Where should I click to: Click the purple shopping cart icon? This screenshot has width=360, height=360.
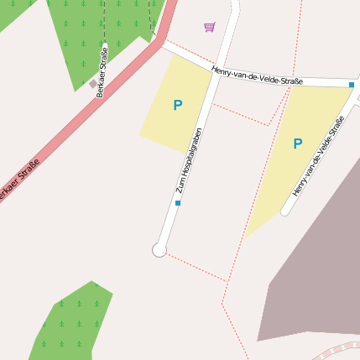click(x=209, y=27)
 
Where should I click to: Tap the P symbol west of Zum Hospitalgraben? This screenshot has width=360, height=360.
click(x=177, y=106)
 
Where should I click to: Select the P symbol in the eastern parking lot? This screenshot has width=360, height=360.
click(x=297, y=144)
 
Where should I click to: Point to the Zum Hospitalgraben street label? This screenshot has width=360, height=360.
click(x=190, y=159)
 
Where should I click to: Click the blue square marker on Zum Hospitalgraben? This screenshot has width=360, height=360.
click(x=178, y=203)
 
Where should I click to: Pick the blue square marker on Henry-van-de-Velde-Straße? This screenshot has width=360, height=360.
click(x=352, y=85)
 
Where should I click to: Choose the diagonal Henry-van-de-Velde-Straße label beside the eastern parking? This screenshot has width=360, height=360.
click(x=319, y=157)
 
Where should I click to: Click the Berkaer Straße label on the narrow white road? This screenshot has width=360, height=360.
click(x=102, y=72)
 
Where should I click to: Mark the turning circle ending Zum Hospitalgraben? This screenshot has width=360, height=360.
click(x=159, y=249)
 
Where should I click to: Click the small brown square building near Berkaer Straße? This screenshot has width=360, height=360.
click(x=92, y=83)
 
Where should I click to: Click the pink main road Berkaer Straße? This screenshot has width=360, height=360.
click(x=84, y=117)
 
